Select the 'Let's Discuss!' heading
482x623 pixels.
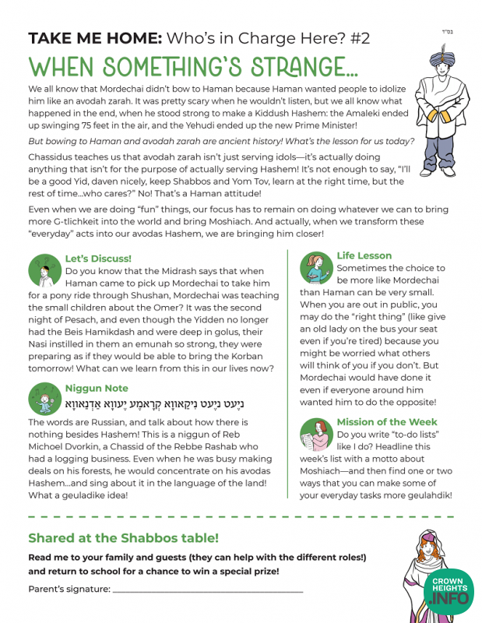click(x=98, y=258)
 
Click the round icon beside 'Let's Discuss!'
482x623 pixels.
click(x=44, y=269)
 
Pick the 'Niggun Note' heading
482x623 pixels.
click(x=97, y=388)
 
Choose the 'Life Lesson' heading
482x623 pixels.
click(x=364, y=255)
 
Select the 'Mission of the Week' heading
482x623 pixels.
click(x=386, y=422)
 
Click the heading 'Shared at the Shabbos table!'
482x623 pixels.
click(x=123, y=538)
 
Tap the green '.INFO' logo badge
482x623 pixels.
click(x=451, y=598)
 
